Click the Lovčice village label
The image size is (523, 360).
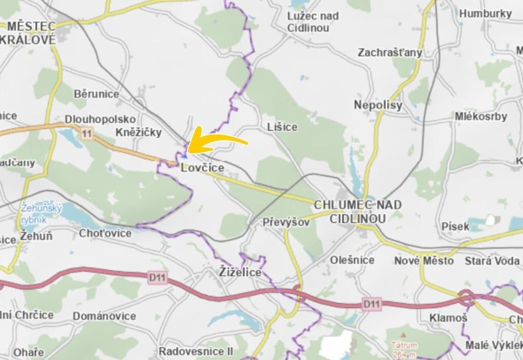[202, 168]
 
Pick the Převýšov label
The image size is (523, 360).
[286, 222]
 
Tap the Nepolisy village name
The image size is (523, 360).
[378, 105]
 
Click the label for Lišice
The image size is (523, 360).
[282, 127]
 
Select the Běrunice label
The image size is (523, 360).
[96, 94]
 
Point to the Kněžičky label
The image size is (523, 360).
[138, 132]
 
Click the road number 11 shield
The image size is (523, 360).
[87, 133]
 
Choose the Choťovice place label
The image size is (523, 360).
[105, 233]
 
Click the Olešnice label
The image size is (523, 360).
[352, 260]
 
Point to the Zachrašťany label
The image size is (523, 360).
[390, 53]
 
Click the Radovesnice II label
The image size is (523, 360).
[196, 351]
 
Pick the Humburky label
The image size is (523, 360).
[486, 13]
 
